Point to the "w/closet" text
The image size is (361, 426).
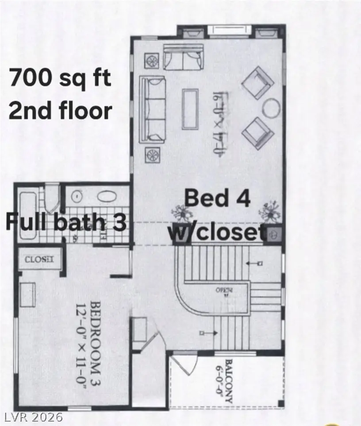pyautogui.click(x=217, y=232)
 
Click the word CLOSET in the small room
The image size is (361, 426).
pyautogui.click(x=39, y=259)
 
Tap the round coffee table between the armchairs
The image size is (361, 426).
pyautogui.click(x=271, y=106)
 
